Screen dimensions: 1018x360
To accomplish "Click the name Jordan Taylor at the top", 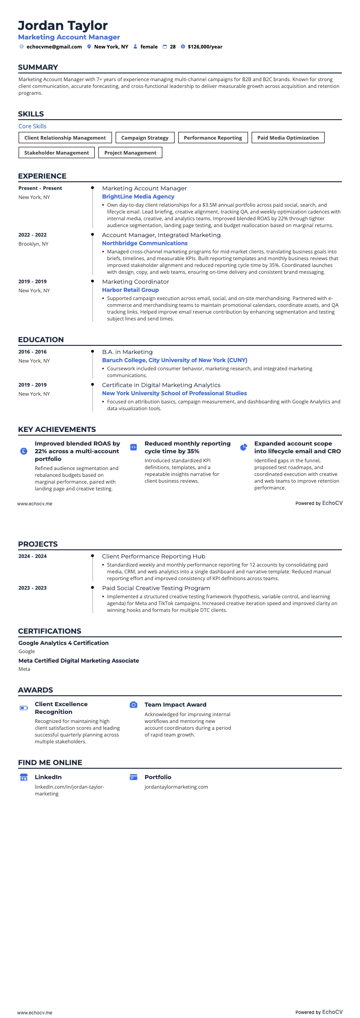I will coord(63,25).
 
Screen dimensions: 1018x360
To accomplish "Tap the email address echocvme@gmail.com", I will coord(54,47).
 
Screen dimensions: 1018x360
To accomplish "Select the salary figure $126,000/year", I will coord(205,47).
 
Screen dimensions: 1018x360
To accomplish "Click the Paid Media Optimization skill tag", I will coord(288,138).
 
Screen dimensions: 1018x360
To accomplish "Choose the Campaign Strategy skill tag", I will coord(145,138).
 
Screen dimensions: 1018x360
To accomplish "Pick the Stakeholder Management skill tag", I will coord(56,153).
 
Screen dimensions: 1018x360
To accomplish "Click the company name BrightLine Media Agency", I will coord(138,197).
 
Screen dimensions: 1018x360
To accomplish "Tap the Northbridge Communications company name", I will coord(145,243).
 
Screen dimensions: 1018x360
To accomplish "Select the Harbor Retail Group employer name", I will coord(130,290).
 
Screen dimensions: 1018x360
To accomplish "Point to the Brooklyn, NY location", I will coord(33,244).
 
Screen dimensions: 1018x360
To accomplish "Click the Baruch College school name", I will coord(175,360).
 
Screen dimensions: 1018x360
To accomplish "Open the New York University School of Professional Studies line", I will coord(174,393).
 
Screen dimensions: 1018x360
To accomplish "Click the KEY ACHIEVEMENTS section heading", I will coord(57,429).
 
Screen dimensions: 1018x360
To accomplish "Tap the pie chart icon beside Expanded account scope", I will coord(243,447).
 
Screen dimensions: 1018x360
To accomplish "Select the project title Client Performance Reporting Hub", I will coord(153,556).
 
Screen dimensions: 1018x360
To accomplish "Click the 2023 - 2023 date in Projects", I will coord(32,588).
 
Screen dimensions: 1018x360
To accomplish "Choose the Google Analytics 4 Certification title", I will coord(63,643).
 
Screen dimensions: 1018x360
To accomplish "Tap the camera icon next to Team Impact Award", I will coord(133,705).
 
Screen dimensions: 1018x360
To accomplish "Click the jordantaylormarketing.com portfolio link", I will coord(176,787).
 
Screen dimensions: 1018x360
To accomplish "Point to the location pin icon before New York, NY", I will coord(89,47).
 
